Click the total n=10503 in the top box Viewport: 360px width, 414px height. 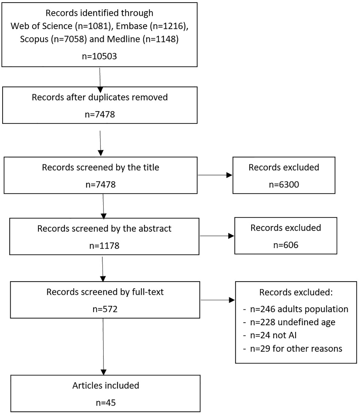coord(99,56)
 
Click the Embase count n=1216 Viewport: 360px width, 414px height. coord(167,26)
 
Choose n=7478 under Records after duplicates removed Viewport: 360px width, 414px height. coord(100,114)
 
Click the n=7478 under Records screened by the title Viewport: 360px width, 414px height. coord(100,184)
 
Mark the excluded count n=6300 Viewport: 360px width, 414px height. coord(284,184)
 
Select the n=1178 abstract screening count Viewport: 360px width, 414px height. coord(104,246)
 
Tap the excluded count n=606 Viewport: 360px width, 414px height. coord(286,245)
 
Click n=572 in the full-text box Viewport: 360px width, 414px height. coord(105,309)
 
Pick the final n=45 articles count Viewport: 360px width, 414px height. coord(106,403)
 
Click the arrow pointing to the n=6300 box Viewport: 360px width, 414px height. coord(215,175)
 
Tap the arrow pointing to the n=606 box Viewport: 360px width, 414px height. coord(217,236)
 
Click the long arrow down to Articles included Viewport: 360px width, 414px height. coord(103,347)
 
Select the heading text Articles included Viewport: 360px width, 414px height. coord(106,385)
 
